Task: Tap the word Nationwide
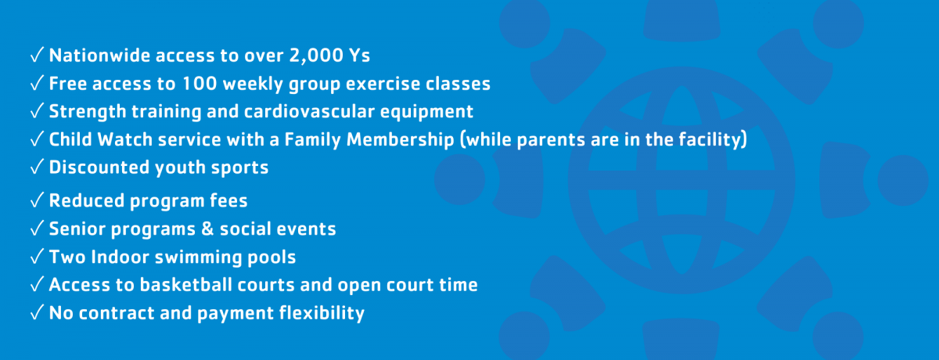pyautogui.click(x=99, y=56)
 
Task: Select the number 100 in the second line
pyautogui.click(x=200, y=84)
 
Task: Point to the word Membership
pyautogui.click(x=400, y=140)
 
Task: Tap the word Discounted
pyautogui.click(x=99, y=167)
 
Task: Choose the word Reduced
pyautogui.click(x=86, y=200)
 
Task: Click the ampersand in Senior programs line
pyautogui.click(x=207, y=229)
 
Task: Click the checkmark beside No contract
pyautogui.click(x=37, y=312)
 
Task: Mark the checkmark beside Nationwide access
pyautogui.click(x=37, y=55)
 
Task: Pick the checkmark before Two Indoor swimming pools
pyautogui.click(x=37, y=257)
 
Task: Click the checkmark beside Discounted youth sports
pyautogui.click(x=37, y=167)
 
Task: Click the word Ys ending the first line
pyautogui.click(x=359, y=56)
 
